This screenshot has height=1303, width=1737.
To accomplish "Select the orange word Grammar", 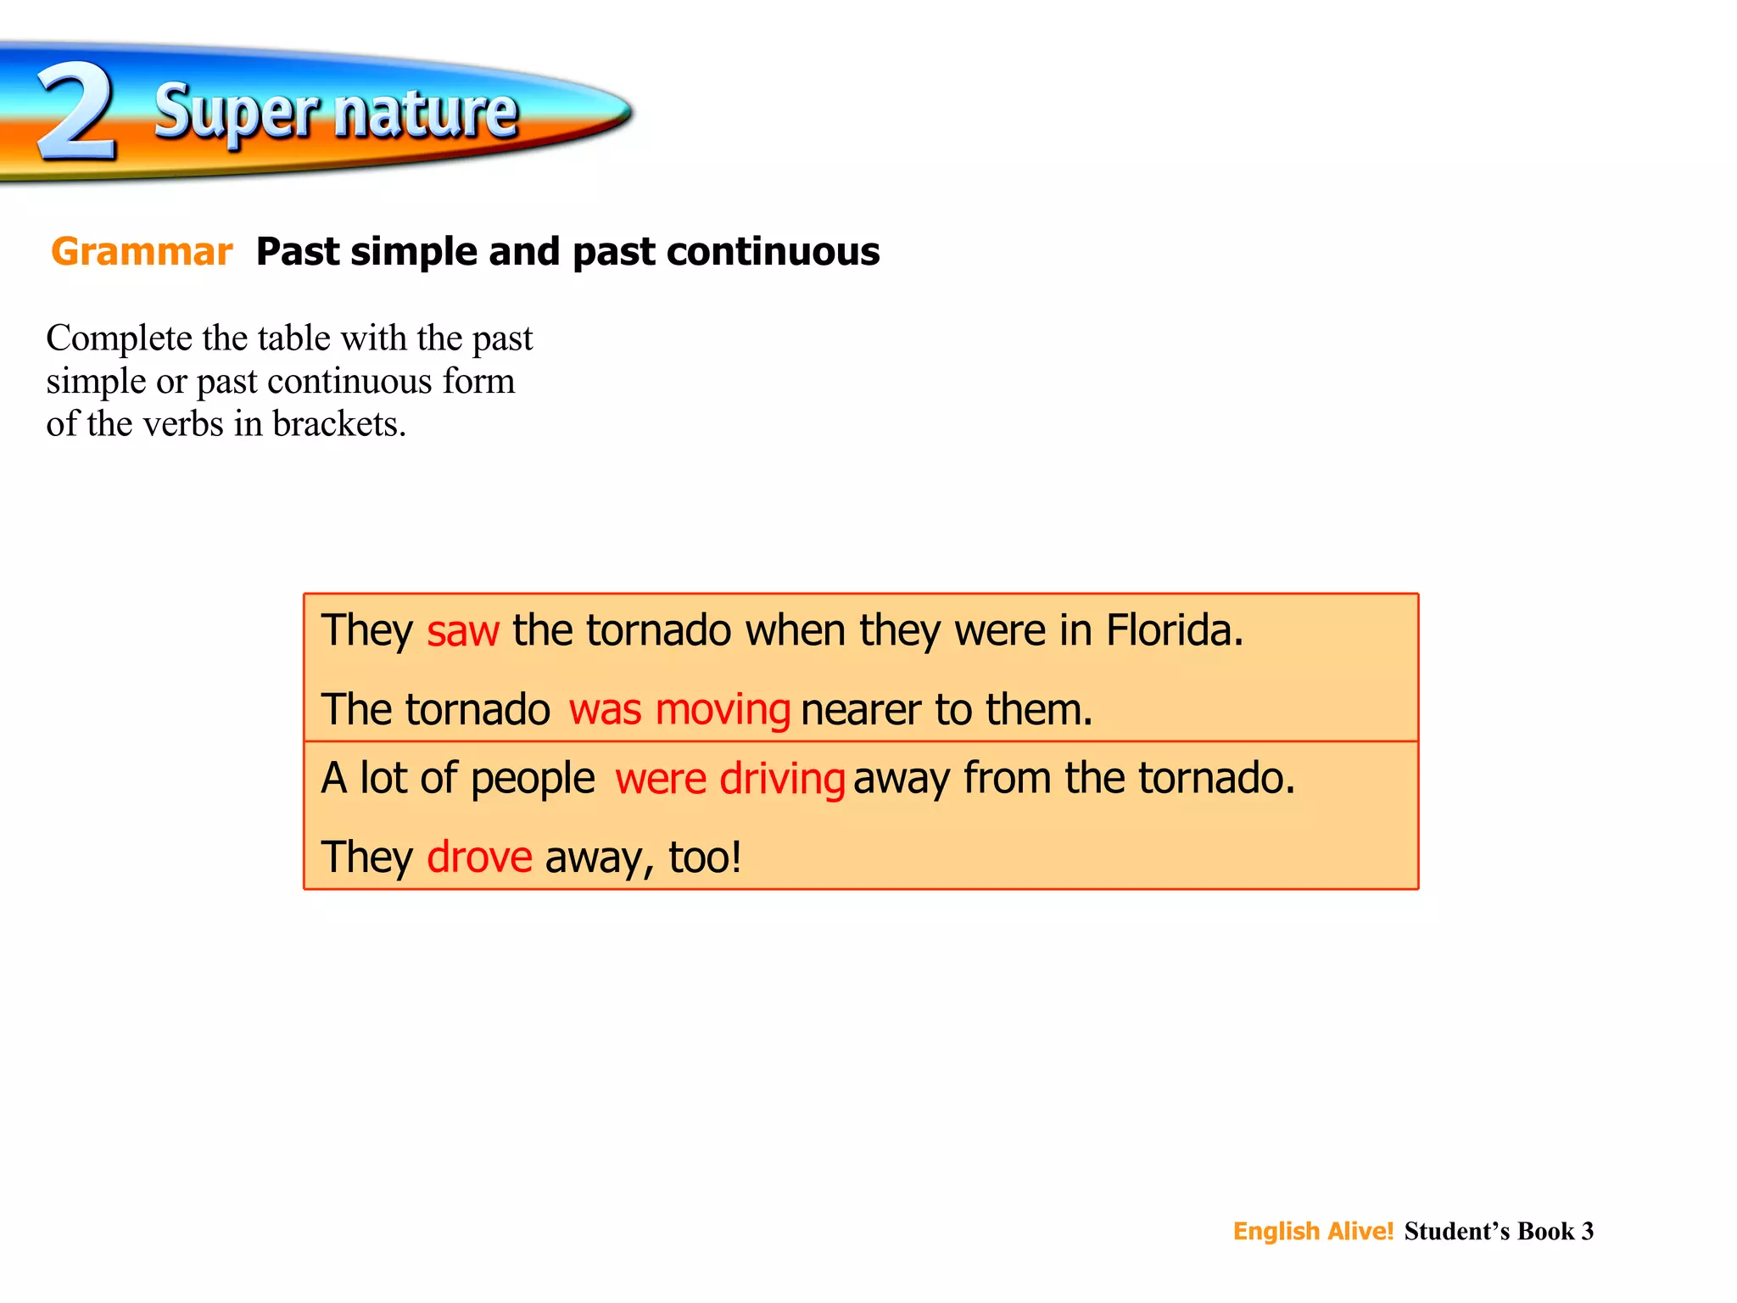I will click(x=142, y=252).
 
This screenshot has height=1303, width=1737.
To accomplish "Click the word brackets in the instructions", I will click(x=339, y=424).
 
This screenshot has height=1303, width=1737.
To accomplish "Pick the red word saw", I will click(x=462, y=632).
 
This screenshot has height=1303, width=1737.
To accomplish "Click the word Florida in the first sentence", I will click(x=1174, y=630).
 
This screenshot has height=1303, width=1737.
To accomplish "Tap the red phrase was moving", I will click(x=679, y=710).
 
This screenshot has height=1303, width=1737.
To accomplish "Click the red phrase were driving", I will click(x=729, y=779).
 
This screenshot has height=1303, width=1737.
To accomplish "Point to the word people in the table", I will click(x=533, y=779).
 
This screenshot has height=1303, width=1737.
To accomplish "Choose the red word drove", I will click(x=479, y=857).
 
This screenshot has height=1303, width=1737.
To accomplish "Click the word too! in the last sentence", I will click(x=705, y=857).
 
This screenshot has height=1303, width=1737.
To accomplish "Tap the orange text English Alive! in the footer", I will click(x=1313, y=1231).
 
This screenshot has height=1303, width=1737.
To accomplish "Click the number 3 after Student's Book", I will click(x=1587, y=1231).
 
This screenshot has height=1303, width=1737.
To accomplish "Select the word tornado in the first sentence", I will click(x=658, y=630).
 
